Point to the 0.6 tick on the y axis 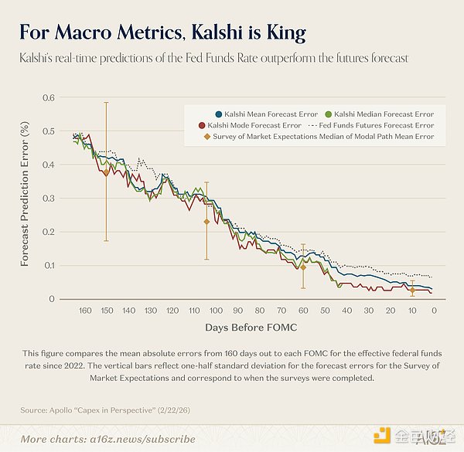(49, 97)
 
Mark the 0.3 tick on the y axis (49, 198)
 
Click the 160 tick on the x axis (85, 310)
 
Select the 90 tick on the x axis (237, 310)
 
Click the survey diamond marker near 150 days (106, 173)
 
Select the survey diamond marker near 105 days (206, 222)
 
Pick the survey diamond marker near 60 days (303, 267)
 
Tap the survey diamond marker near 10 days (412, 290)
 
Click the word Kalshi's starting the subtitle (39, 59)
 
